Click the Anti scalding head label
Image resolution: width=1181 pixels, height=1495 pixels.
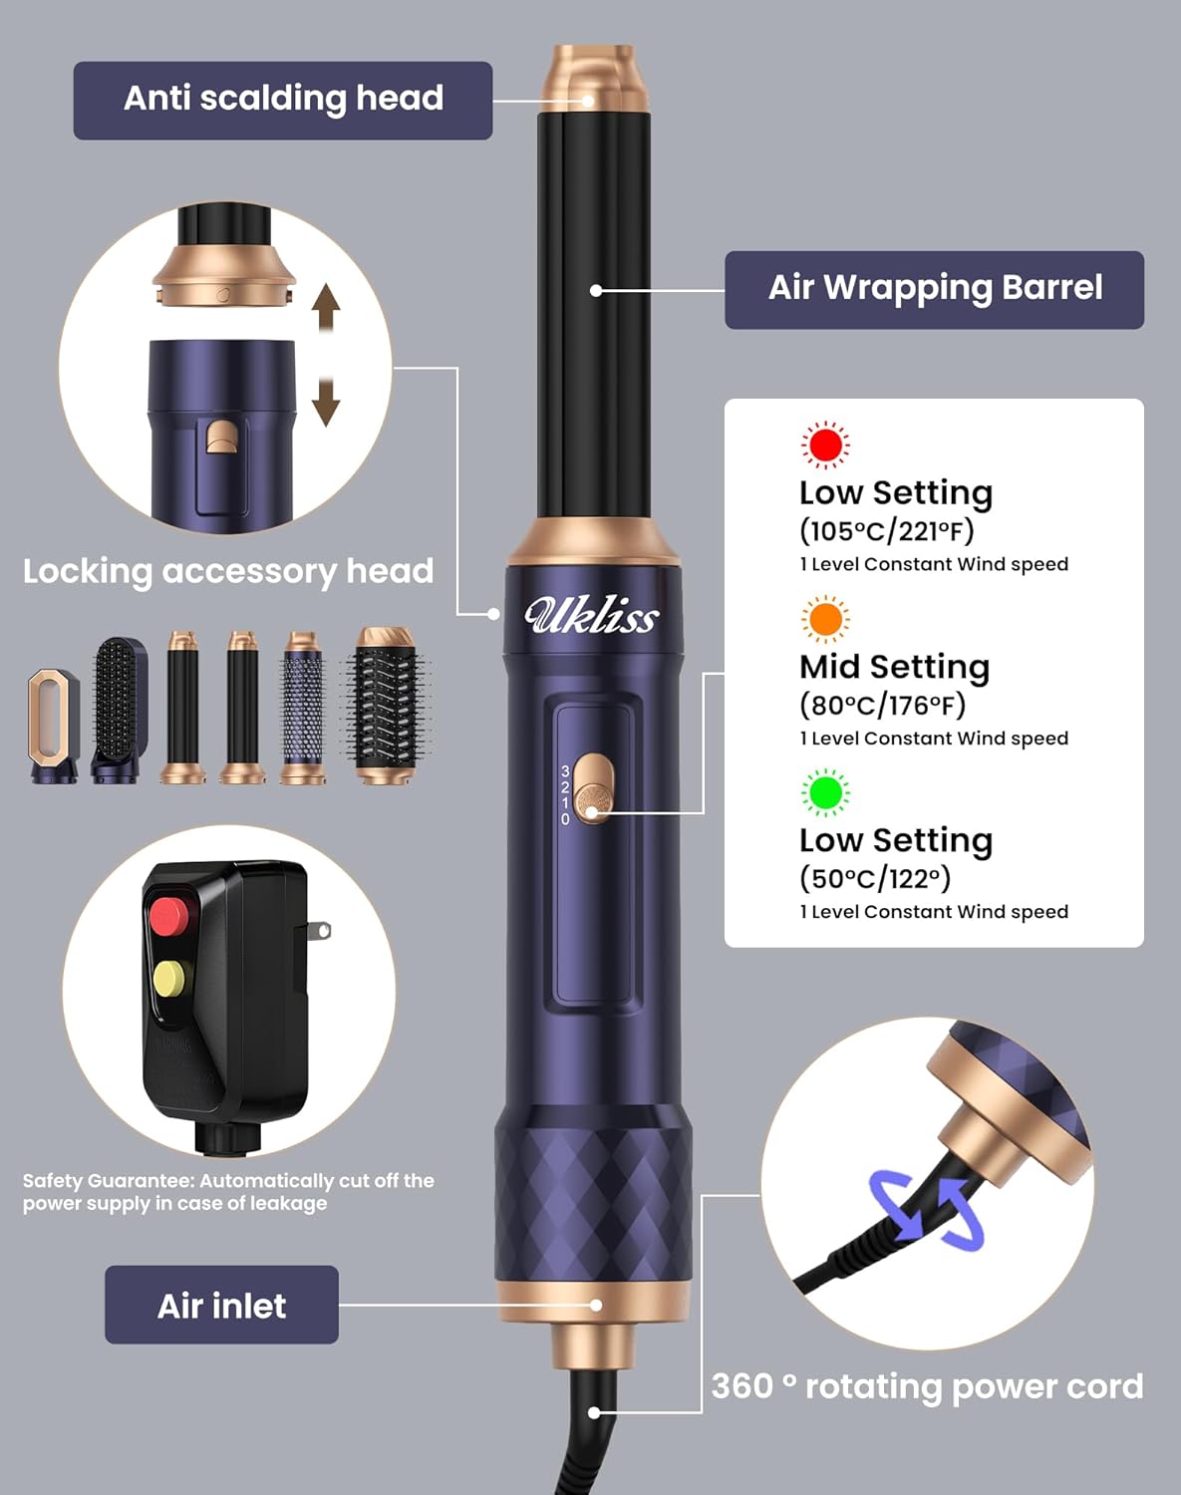283,100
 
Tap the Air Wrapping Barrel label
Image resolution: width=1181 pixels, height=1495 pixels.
935,290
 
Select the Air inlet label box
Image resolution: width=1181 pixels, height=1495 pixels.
221,1305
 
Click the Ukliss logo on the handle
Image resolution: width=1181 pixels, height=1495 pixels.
591,615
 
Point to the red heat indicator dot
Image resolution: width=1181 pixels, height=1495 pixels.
825,445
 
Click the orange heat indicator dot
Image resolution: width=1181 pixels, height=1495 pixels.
825,618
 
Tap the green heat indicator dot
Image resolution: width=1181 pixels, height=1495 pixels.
825,792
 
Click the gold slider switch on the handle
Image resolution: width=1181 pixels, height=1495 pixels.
594,790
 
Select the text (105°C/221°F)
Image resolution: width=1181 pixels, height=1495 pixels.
886,531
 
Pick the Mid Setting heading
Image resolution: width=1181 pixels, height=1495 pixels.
895,666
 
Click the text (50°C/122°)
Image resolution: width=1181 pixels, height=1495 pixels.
875,878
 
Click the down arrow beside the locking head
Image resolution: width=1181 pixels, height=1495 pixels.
325,400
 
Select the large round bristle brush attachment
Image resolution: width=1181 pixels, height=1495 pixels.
386,705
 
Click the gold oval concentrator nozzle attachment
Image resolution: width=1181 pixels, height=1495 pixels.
54,726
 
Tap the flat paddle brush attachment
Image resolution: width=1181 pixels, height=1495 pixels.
119,710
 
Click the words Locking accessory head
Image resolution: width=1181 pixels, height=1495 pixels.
228,572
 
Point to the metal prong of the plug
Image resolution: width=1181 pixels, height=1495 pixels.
318,930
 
